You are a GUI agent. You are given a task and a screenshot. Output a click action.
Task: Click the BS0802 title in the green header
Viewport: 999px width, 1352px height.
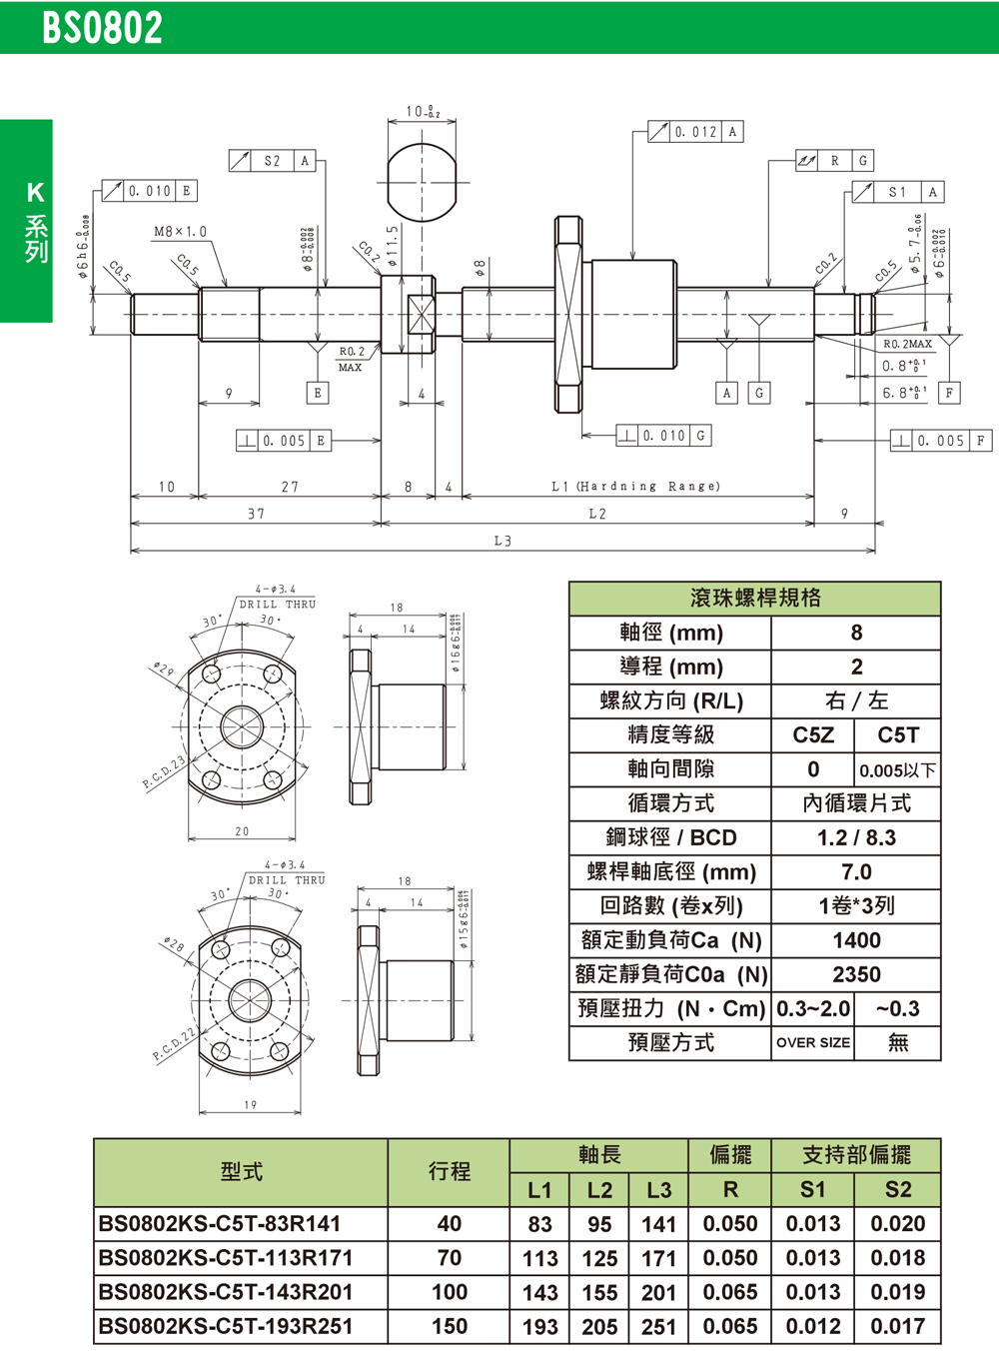point(102,28)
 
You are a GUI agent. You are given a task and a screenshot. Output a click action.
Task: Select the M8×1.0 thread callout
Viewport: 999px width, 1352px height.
point(180,232)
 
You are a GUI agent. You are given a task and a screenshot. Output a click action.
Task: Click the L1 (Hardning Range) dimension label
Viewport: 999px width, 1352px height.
point(635,487)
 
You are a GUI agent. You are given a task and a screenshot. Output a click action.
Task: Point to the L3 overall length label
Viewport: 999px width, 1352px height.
point(502,541)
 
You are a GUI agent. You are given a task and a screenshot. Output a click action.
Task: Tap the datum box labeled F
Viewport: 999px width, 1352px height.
point(949,393)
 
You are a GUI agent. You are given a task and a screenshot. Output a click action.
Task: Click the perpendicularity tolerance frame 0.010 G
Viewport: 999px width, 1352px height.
point(662,436)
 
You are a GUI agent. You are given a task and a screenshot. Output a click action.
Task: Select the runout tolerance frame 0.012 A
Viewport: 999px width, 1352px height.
point(695,132)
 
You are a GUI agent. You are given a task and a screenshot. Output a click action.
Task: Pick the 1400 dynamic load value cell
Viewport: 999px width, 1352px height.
point(856,940)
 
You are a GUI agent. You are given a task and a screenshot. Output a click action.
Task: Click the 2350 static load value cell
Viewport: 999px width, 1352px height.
point(856,974)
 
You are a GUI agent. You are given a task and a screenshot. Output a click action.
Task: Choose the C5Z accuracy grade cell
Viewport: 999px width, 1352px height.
point(813,735)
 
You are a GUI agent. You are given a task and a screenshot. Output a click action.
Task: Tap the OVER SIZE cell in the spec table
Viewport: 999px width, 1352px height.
point(813,1042)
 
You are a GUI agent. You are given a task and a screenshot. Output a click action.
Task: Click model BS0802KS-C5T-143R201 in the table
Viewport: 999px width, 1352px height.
point(226,1292)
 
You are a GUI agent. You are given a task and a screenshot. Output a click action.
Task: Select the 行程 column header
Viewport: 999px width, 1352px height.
point(449,1171)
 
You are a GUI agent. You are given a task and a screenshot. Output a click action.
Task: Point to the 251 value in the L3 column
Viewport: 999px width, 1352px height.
point(658,1327)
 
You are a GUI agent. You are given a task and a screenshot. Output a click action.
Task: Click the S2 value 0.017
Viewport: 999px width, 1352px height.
point(897,1327)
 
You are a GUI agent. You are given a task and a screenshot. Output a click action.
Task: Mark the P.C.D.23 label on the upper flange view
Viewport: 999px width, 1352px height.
point(164,773)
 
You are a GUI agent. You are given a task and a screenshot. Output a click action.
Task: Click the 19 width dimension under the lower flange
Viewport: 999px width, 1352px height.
point(250,1105)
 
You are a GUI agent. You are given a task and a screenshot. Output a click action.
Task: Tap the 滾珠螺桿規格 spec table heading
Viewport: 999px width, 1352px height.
point(754,598)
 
